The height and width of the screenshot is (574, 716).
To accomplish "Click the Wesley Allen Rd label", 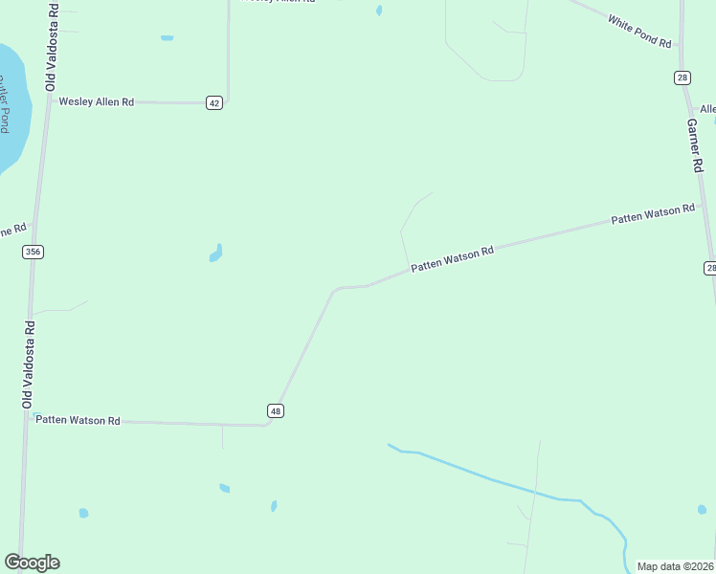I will (97, 101).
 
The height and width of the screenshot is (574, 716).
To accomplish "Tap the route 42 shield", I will (214, 102).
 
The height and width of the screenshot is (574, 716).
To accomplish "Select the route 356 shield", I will (34, 252).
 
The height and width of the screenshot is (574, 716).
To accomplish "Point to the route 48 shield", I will (276, 410).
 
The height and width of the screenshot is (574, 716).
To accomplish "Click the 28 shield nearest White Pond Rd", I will (682, 77).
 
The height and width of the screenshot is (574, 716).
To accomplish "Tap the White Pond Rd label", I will (639, 31).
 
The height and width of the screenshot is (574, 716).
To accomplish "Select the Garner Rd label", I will (696, 144).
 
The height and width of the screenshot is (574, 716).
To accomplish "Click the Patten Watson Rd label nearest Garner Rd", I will (653, 213).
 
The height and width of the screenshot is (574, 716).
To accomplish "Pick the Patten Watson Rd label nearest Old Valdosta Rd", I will (78, 420).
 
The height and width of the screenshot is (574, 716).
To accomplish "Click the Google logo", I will (32, 562).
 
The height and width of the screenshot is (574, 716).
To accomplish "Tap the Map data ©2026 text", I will (675, 566).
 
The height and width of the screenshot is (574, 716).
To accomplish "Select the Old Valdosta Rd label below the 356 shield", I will (29, 364).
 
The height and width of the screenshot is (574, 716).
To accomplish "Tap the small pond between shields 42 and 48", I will (216, 254).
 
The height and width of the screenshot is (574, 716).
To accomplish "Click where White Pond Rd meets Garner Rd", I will (681, 45).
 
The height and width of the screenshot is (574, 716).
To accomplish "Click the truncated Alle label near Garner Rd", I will (707, 109).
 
